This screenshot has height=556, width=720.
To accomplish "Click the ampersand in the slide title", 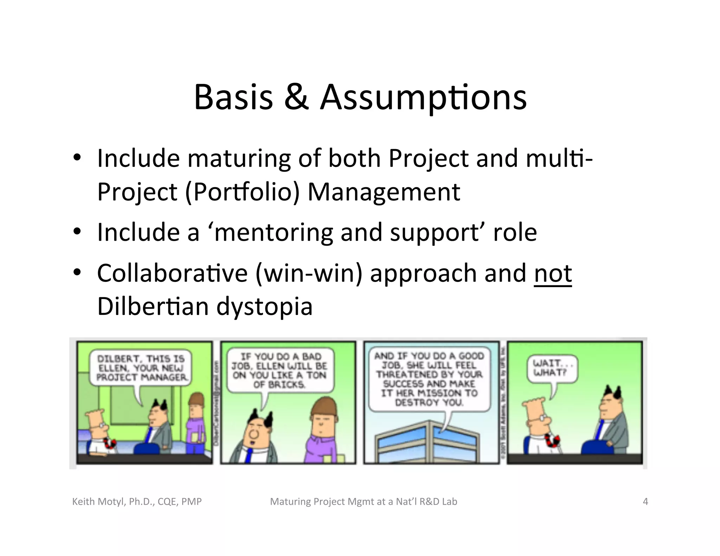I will pos(296,97).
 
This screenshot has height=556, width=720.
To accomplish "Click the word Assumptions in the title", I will pos(423,97).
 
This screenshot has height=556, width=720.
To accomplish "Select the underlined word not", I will pos(553,273).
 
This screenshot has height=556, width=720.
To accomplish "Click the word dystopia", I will pos(264,306).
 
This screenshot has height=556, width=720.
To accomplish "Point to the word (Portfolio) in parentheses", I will pos(242,192).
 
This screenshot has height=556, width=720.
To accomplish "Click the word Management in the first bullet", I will pos(384,192).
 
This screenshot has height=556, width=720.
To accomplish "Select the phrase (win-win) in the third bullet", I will pos(309,273).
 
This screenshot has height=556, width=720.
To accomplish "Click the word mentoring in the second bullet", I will pos(273,233).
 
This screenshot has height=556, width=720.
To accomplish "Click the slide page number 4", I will pos(645,502).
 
